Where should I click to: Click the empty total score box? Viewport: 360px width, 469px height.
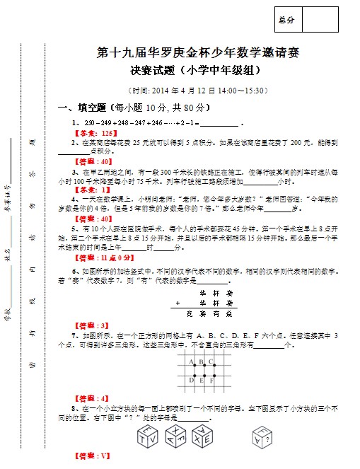pos(320,20)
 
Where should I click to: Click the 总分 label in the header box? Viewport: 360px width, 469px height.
pos(287,20)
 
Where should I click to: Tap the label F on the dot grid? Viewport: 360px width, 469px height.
pos(214,381)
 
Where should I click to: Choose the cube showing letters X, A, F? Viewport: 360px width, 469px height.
pos(177,433)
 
